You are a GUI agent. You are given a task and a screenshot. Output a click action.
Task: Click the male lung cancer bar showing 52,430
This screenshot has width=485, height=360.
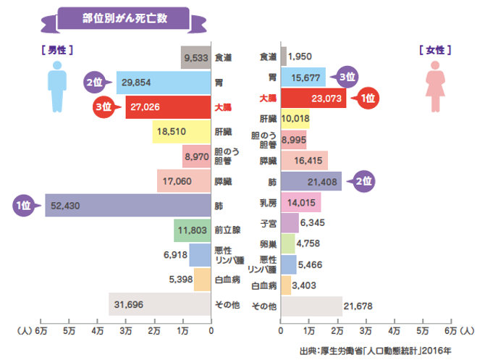click(x=128, y=205)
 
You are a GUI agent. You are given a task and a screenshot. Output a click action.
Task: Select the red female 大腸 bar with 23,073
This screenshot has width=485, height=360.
click(x=313, y=98)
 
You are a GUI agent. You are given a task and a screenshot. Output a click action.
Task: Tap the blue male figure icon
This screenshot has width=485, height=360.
click(x=57, y=87)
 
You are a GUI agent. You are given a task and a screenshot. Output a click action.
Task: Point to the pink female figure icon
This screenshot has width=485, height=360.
click(x=435, y=86)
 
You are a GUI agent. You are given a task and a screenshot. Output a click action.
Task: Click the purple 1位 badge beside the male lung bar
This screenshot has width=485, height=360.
click(x=24, y=205)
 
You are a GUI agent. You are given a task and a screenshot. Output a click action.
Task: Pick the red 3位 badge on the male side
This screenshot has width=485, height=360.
click(x=104, y=106)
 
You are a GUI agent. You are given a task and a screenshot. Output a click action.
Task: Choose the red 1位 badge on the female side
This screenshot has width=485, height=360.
click(x=367, y=99)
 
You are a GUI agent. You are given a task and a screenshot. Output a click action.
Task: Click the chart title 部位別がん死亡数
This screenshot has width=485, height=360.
click(x=125, y=18)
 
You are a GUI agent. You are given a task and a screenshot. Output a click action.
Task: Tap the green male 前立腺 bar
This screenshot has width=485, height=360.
click(x=193, y=230)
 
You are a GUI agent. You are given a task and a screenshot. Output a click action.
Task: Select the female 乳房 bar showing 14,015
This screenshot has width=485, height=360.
click(x=300, y=202)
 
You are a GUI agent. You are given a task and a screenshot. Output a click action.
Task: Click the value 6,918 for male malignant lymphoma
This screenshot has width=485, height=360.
click(x=175, y=255)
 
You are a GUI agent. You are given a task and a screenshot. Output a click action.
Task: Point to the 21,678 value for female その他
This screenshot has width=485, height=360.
click(x=358, y=306)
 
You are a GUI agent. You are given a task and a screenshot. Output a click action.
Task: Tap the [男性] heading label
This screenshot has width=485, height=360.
click(x=57, y=50)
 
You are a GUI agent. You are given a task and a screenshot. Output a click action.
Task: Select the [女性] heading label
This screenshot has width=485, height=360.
click(x=435, y=50)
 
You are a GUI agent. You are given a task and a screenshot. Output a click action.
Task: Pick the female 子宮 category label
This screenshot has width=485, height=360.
click(x=268, y=223)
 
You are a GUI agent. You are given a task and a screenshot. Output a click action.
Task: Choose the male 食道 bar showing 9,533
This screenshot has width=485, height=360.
click(x=195, y=57)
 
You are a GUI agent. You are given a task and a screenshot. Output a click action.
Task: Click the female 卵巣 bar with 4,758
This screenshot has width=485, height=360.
click(x=288, y=244)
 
